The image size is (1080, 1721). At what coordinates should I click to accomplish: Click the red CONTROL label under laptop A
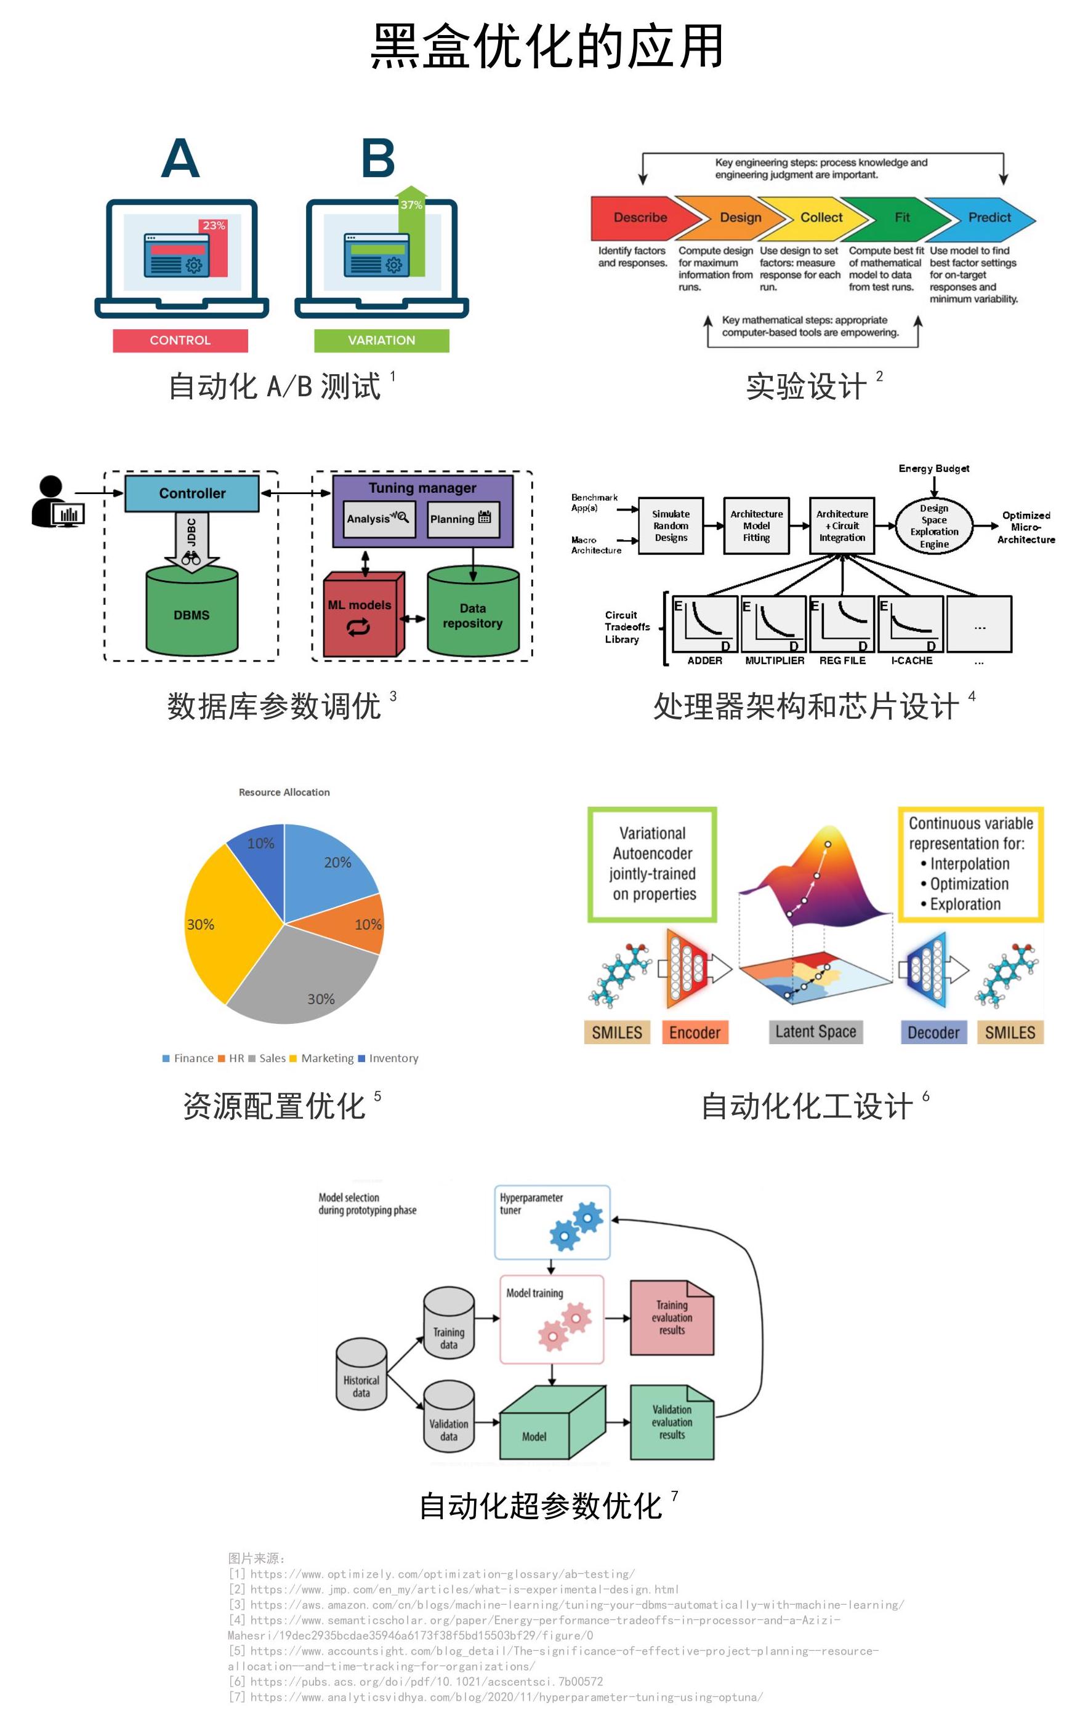[x=180, y=340]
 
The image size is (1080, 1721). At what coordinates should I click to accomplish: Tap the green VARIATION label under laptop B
[x=381, y=340]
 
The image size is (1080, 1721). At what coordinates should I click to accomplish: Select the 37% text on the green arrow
[x=411, y=205]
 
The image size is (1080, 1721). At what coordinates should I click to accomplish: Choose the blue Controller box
[x=191, y=493]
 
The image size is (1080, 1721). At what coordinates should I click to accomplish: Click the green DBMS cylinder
[x=191, y=614]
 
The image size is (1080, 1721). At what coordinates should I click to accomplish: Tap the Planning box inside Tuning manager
[x=461, y=519]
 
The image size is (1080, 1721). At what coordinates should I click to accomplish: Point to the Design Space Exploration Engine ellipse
[x=933, y=526]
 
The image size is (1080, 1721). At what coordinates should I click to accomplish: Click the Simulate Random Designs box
[x=671, y=526]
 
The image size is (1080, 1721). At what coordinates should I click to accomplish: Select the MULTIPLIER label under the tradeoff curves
[x=774, y=661]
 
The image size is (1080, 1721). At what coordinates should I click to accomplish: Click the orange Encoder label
[x=695, y=1032]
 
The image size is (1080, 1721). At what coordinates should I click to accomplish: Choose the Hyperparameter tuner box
[x=552, y=1223]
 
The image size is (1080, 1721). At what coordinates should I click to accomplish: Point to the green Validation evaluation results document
[x=671, y=1423]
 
